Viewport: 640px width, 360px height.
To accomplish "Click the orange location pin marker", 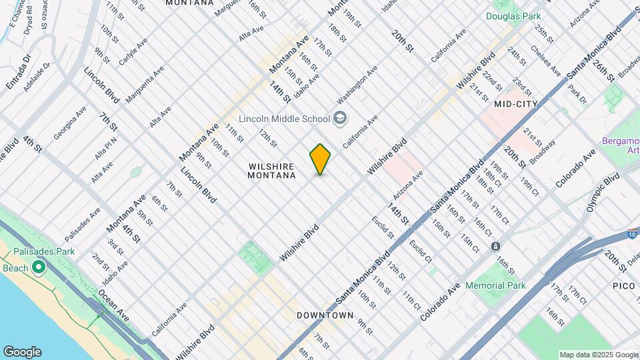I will coord(320,159).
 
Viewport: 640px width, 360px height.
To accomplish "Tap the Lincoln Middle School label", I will coord(285,119).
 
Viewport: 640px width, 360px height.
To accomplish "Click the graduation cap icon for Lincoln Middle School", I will coord(341,119).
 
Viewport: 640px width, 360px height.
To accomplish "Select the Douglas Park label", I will coord(513,16).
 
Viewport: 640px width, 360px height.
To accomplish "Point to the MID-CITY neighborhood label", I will coord(516,105).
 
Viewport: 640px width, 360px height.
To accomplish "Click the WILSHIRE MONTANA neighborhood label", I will coord(271,171).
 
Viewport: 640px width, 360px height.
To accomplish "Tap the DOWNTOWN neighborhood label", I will coord(325,315).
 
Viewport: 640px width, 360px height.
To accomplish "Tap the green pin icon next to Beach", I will coord(39,268).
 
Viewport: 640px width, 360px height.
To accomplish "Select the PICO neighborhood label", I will coord(624,285).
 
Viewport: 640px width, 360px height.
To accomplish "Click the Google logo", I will coord(22,351).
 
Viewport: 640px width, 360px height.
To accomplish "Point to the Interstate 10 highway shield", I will coord(631,233).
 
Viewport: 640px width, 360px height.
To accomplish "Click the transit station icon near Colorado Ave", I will coord(495,246).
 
